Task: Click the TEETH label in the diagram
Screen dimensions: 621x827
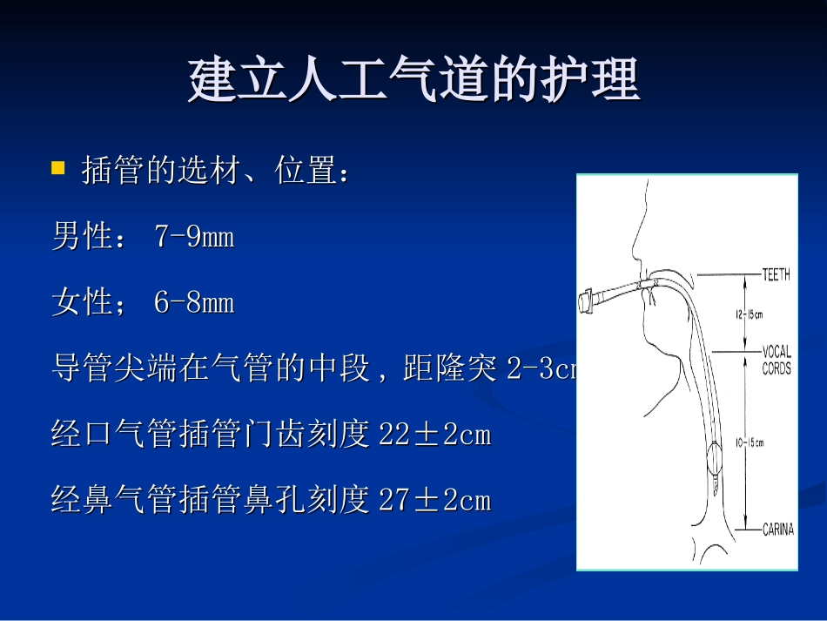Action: (x=776, y=275)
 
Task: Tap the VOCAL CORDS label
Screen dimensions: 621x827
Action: (x=777, y=361)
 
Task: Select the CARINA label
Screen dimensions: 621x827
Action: (x=777, y=530)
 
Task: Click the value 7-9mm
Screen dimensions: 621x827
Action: (x=194, y=238)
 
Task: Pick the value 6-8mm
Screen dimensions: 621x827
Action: (x=194, y=303)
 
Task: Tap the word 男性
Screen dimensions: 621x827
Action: (x=83, y=238)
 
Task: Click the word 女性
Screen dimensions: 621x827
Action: (x=83, y=303)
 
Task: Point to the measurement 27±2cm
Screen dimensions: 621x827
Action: (x=435, y=501)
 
